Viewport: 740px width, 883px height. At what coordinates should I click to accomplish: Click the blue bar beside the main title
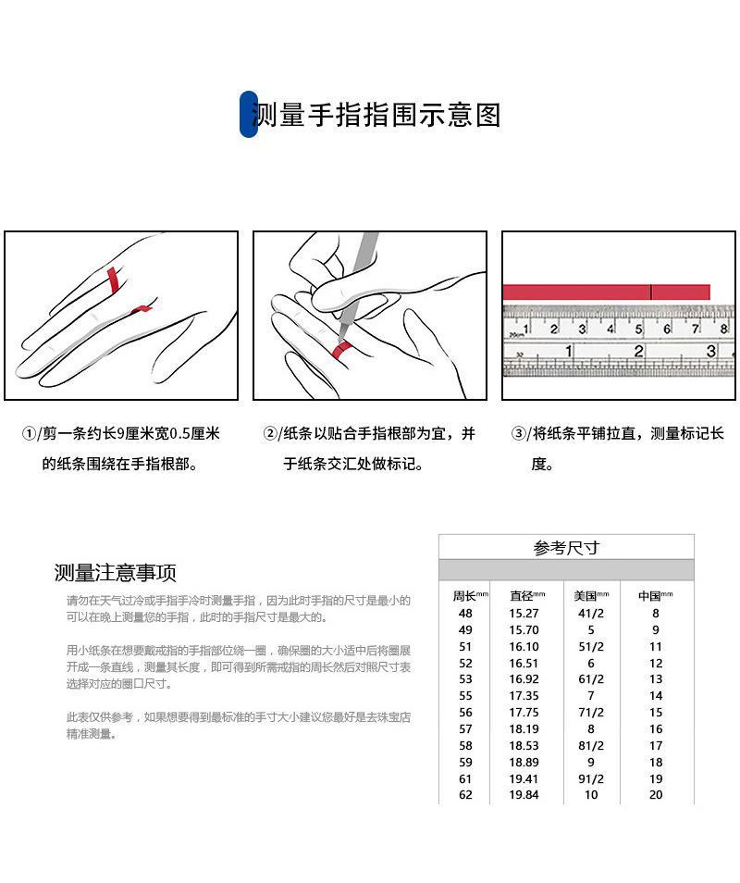247,115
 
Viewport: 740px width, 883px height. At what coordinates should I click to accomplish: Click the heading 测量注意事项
115,572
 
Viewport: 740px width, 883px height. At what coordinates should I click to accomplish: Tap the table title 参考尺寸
566,547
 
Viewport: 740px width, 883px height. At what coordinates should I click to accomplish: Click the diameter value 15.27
524,614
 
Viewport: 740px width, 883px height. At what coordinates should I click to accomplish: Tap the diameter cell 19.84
524,795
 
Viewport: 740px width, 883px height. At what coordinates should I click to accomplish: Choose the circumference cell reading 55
465,696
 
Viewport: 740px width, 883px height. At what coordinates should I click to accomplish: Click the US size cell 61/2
591,679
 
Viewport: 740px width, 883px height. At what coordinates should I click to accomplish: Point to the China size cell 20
656,795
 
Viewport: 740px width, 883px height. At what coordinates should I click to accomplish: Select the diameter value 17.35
524,696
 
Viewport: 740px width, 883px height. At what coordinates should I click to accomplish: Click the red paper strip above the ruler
606,292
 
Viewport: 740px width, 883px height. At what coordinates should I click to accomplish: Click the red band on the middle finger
112,279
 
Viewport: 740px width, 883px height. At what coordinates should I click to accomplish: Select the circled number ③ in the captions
519,434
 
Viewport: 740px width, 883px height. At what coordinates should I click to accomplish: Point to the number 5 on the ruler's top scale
638,329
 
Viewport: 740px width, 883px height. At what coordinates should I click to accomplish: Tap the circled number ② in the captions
270,434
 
